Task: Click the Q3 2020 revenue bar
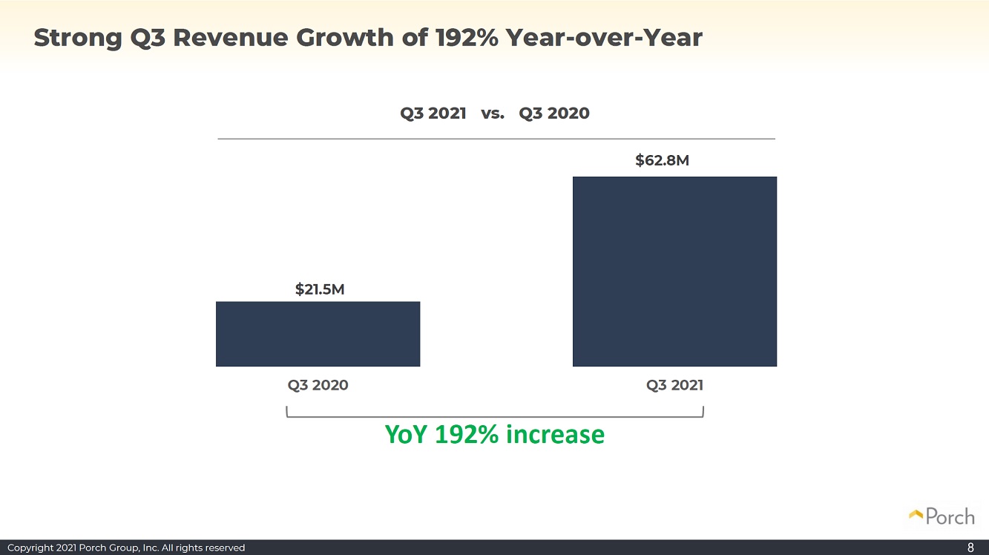pos(318,334)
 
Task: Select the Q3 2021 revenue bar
pos(674,272)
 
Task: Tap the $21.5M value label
pos(320,289)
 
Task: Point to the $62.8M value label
pos(662,160)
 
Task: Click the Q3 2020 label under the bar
pos(318,385)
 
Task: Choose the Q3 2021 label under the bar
pos(674,385)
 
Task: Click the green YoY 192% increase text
pos(494,435)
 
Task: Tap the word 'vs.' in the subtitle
pos(493,114)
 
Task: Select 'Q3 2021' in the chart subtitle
pos(433,114)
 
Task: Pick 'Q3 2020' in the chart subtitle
pos(554,114)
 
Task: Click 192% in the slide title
pos(467,38)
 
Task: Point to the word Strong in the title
pos(78,38)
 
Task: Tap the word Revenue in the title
pos(231,38)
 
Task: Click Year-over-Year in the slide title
pos(604,38)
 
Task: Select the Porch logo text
pos(950,516)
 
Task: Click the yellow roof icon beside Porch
pos(916,514)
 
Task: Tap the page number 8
pos(970,548)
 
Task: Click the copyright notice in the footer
pos(126,548)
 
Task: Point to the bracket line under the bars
pos(494,416)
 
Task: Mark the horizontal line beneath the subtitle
pos(496,139)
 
